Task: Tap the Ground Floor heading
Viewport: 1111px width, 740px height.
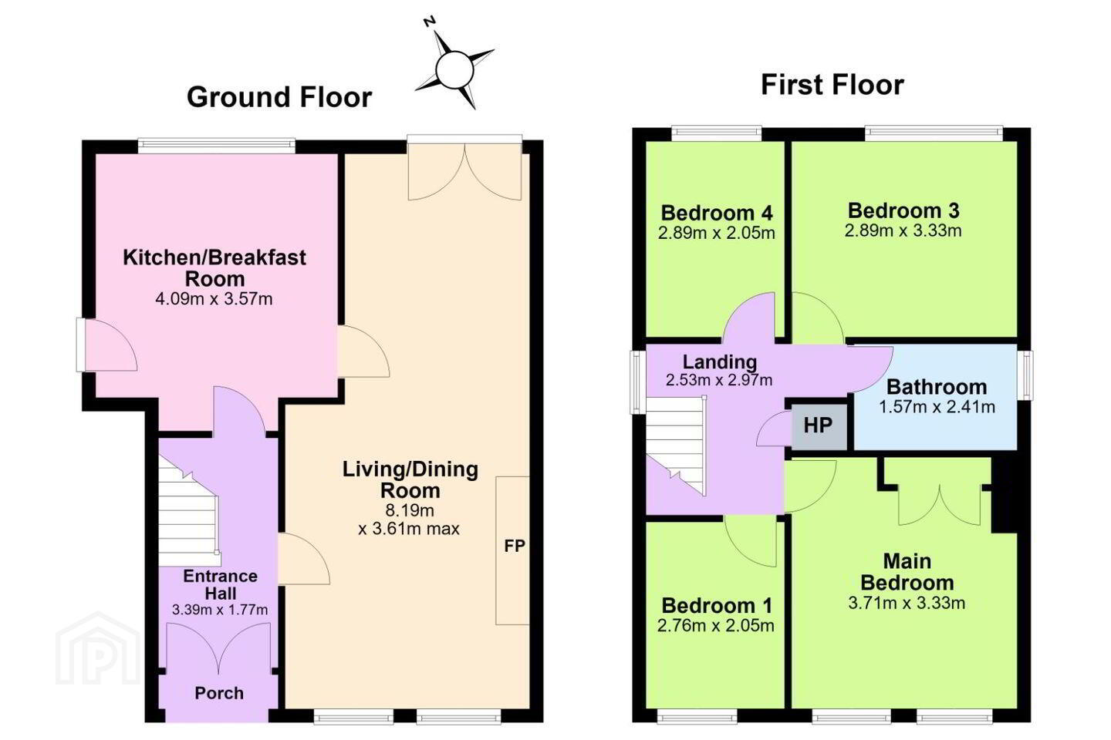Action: pos(279,97)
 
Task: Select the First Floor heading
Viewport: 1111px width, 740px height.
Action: pos(832,85)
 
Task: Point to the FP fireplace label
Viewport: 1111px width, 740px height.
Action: pos(515,546)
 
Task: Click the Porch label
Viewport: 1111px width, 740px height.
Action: pos(219,693)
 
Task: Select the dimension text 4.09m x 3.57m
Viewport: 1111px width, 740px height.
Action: pos(214,299)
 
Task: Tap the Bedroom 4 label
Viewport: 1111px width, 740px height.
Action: pos(717,213)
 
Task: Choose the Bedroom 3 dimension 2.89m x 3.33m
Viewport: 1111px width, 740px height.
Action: pos(903,230)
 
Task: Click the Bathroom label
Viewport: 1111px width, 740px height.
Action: pos(937,387)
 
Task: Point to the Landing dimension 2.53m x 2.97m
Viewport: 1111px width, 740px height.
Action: pos(719,380)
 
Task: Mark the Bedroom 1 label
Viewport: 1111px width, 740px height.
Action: pos(717,606)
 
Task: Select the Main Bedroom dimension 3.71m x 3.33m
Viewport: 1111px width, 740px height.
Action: pos(907,604)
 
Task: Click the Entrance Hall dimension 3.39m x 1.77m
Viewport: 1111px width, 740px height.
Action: pos(220,610)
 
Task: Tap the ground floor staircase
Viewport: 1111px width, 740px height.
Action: pos(188,510)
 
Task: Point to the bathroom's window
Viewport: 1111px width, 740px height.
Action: pos(1025,375)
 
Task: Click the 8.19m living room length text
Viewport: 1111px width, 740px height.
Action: pos(410,510)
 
